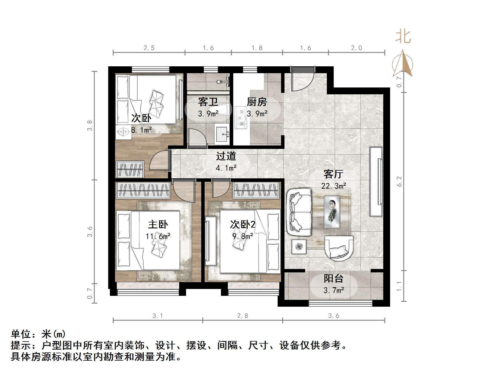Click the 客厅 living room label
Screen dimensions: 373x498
(x=333, y=174)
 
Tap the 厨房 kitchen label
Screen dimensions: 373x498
(x=257, y=102)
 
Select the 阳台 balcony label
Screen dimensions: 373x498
(x=333, y=278)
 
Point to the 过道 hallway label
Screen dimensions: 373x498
(x=226, y=156)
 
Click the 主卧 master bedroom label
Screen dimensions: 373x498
(x=158, y=225)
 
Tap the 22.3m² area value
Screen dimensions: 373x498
(x=333, y=186)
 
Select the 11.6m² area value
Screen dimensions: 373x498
(x=158, y=236)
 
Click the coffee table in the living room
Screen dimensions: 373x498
(x=332, y=212)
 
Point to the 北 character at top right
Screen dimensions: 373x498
(x=403, y=37)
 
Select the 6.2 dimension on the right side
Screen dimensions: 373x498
(x=399, y=181)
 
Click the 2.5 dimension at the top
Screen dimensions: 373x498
(x=149, y=48)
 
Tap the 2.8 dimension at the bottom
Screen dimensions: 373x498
(x=242, y=316)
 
